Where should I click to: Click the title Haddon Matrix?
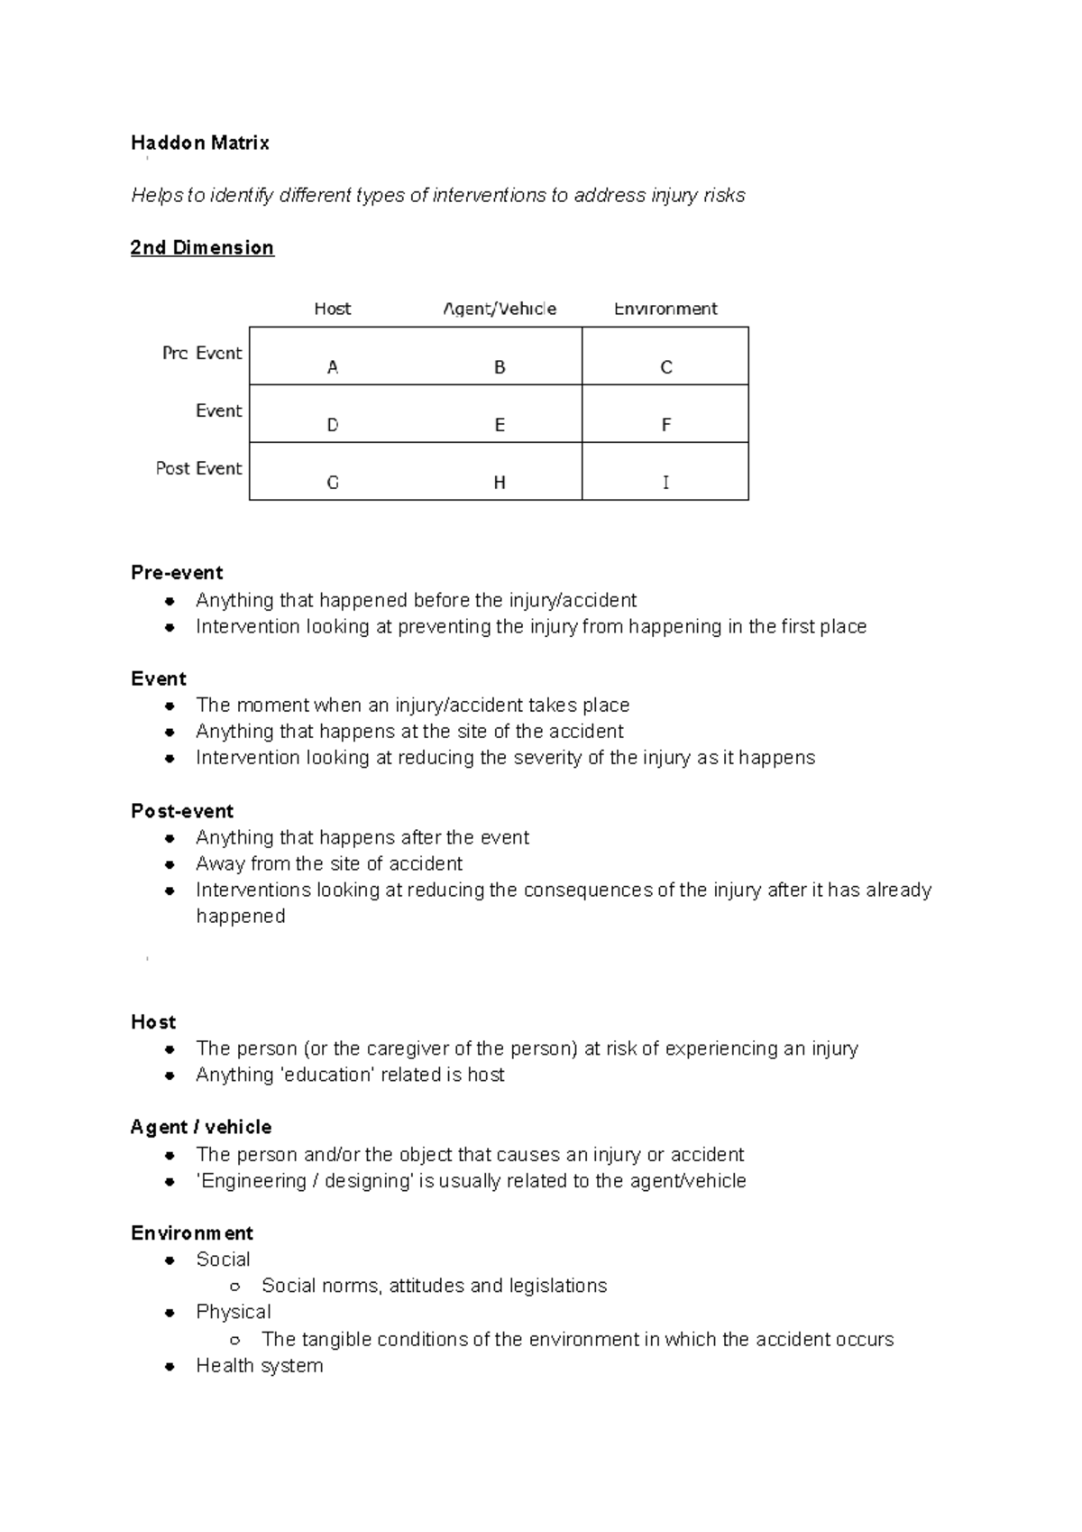coord(199,143)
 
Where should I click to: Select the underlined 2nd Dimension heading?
coord(202,248)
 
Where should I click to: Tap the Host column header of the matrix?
coord(332,309)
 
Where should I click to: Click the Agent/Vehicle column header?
coord(500,309)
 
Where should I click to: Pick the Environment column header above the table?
coord(665,309)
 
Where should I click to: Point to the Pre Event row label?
coord(202,353)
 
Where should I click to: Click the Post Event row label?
coord(198,468)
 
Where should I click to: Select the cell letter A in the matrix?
coord(333,367)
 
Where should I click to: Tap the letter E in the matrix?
coord(500,425)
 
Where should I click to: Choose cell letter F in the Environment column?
coord(665,425)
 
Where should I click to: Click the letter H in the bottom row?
coord(500,483)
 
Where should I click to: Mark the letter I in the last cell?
coord(665,483)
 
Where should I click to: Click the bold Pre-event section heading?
coord(177,573)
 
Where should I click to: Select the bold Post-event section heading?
coord(182,811)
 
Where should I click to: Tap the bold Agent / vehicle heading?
coord(201,1127)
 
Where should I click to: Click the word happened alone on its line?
coord(241,916)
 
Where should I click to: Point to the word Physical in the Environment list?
coord(234,1312)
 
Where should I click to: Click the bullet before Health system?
coord(170,1366)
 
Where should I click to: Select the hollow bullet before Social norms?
coord(235,1287)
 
